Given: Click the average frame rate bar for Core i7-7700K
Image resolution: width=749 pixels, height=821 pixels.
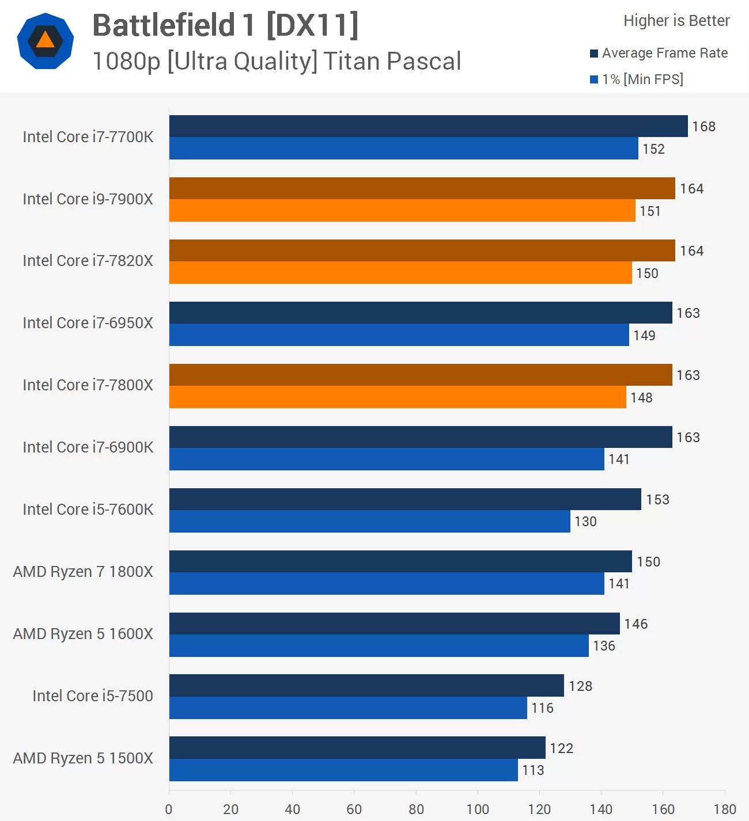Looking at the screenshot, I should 428,126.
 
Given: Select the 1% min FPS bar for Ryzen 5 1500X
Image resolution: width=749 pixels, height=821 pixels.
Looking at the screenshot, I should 343,770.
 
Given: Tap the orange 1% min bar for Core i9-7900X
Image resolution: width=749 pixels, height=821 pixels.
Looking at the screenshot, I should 402,211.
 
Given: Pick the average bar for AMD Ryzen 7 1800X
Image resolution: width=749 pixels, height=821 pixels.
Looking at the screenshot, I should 400,561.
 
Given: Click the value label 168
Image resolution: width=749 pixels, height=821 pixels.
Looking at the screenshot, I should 703,127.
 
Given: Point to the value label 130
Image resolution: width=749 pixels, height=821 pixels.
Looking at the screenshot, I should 585,522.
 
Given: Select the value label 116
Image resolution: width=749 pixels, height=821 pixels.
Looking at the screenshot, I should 542,708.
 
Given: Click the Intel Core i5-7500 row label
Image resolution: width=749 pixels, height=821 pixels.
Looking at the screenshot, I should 93,696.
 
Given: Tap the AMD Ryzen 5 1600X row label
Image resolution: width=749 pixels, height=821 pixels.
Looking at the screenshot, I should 83,634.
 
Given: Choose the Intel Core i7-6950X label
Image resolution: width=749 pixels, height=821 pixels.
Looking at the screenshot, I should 88,323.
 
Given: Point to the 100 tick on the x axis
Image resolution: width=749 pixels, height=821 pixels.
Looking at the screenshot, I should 478,809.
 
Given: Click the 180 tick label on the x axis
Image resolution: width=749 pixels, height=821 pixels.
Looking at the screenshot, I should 725,809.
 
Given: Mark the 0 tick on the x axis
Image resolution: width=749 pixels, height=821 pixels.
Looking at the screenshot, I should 169,809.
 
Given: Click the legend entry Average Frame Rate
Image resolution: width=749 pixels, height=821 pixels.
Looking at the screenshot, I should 664,53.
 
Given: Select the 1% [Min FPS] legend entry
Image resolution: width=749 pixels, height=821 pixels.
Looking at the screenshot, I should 642,79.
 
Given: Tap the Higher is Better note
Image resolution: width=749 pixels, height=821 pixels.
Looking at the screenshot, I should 676,21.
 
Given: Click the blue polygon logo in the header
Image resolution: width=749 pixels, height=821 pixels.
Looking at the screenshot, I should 46,41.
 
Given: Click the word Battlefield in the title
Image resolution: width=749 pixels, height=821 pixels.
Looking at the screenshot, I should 164,25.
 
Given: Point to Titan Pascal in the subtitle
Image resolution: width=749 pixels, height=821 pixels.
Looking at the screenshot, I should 392,61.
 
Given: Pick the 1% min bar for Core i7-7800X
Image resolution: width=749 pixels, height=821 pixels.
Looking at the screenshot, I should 398,397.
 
